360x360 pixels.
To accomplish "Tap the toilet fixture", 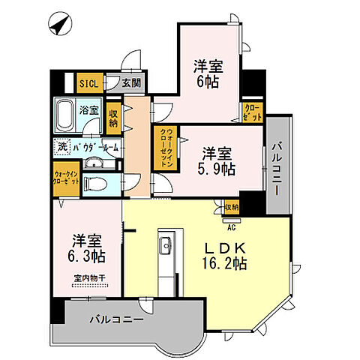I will point(93,183).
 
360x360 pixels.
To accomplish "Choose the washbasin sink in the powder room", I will point(92,163).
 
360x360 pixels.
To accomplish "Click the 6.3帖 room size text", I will point(89,256).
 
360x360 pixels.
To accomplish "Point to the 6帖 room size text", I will point(206,82).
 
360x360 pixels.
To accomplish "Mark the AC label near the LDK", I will point(232,220).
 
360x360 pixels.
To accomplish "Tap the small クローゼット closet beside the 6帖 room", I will point(253,112).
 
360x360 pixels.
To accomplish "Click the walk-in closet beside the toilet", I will point(64,179).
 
